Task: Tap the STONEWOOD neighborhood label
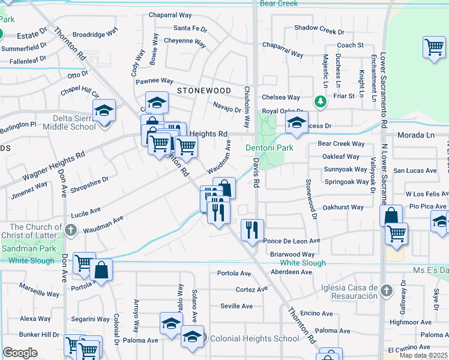(x=204, y=90)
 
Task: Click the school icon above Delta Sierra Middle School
(x=104, y=110)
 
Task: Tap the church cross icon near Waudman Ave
(x=71, y=229)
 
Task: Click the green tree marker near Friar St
(x=321, y=101)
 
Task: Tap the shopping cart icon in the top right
(x=433, y=47)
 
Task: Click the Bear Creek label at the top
(x=279, y=4)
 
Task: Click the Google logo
(x=20, y=352)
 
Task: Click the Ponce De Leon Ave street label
(x=292, y=241)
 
